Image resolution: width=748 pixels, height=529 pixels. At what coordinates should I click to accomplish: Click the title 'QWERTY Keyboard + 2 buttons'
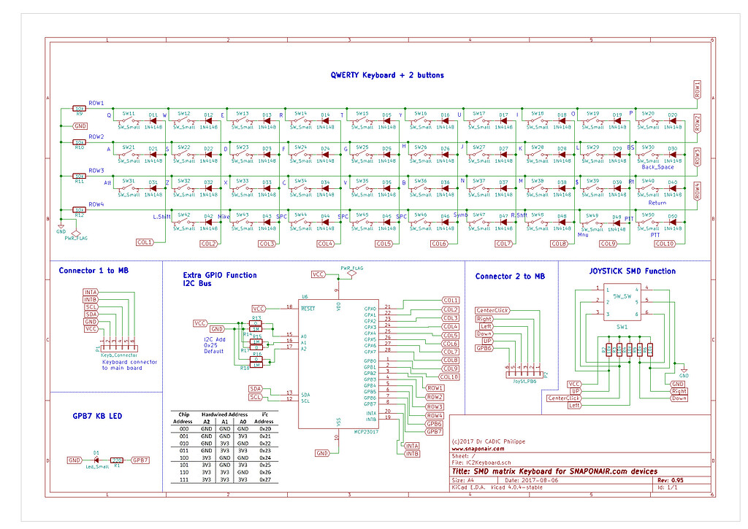point(386,75)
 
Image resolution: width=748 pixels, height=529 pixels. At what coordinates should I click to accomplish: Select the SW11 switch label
point(129,114)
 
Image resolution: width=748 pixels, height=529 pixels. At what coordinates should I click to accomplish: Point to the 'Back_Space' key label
point(657,167)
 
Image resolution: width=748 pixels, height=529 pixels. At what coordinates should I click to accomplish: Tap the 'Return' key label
point(657,202)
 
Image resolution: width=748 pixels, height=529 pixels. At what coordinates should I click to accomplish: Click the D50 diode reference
point(672,216)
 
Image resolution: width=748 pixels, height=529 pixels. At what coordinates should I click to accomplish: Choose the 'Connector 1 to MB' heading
point(94,271)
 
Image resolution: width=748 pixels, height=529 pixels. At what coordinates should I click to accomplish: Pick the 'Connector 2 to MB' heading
point(510,277)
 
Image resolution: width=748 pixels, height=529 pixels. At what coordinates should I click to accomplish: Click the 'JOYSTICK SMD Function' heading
point(632,271)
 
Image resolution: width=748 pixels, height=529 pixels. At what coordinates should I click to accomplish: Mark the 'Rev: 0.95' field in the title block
point(671,481)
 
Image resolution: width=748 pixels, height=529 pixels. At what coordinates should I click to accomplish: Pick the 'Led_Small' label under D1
point(96,468)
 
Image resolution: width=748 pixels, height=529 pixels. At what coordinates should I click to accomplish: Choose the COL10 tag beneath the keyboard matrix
point(665,244)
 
